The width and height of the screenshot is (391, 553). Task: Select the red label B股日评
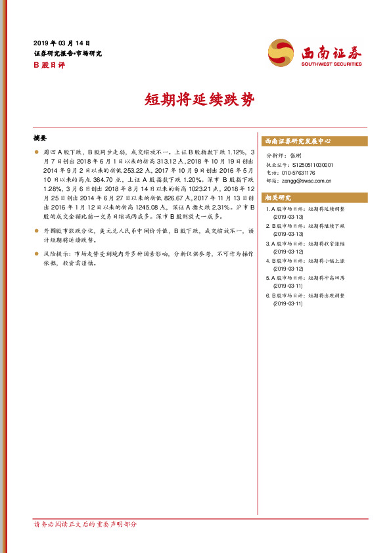[x=49, y=64]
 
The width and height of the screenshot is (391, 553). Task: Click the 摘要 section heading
[x=40, y=139]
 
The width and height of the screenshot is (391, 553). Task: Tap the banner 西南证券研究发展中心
[x=297, y=141]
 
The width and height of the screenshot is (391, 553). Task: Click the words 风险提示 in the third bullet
[x=57, y=252]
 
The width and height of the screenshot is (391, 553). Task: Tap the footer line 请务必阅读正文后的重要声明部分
[x=85, y=524]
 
